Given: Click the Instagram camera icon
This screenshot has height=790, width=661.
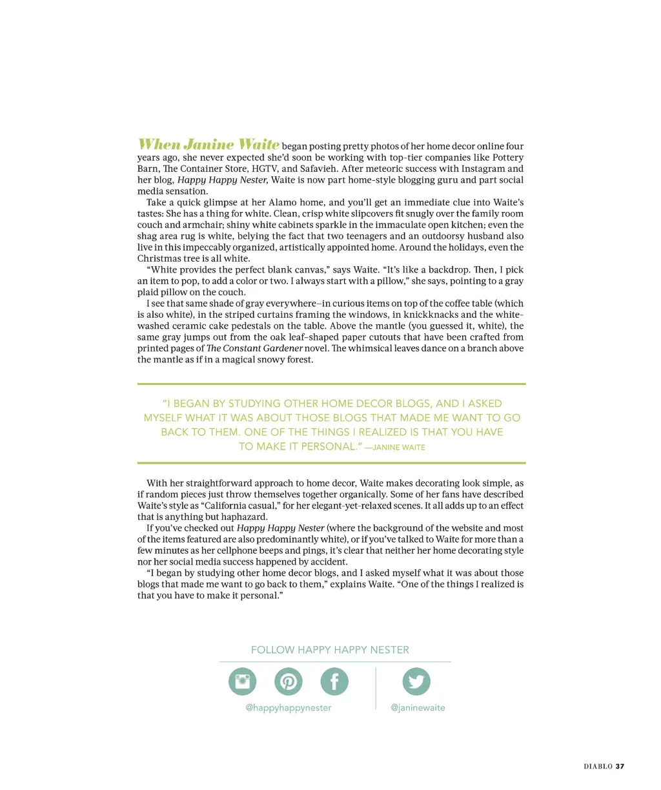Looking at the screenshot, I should (243, 681).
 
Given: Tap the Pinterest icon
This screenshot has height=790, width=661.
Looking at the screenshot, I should (289, 681).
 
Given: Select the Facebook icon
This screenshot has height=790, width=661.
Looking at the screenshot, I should (334, 681).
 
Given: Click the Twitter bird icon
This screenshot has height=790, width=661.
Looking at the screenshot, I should (416, 681).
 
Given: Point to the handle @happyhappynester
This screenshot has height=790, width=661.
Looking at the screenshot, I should (289, 708).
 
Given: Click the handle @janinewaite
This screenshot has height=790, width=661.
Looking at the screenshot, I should (418, 708).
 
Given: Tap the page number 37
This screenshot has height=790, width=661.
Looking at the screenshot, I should (620, 766).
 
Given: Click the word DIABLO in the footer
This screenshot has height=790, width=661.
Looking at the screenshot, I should (598, 766).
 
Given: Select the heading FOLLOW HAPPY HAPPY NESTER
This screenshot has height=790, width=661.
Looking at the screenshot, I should (330, 650).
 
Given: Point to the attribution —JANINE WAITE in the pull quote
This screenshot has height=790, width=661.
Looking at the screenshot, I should (395, 447).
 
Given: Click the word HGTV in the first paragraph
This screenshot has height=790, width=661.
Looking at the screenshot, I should (265, 169).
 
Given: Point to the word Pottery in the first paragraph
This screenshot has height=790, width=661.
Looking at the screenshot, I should (508, 158).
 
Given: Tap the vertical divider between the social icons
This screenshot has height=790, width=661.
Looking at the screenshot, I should (376, 688).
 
